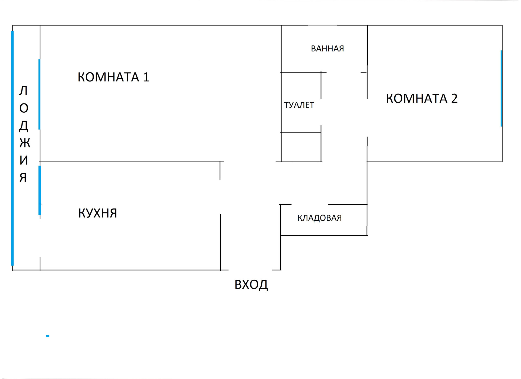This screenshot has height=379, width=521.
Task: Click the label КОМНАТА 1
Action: tap(113, 77)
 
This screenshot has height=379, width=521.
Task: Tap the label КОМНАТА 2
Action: tap(421, 99)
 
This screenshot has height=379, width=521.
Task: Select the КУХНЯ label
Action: tap(97, 213)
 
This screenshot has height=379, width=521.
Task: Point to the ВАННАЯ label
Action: tap(327, 49)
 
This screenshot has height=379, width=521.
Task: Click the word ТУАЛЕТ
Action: tap(299, 105)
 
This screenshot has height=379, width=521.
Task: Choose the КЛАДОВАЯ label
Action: tap(319, 218)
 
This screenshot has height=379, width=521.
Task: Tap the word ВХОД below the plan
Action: tap(251, 285)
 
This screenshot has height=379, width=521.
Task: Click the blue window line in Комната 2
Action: tap(501, 88)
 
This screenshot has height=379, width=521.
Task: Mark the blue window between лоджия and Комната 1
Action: tap(39, 94)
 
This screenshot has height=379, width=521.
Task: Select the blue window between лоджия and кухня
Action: tap(40, 190)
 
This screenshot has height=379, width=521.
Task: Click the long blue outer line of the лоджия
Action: tap(12, 148)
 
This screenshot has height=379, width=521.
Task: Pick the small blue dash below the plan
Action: tap(48, 336)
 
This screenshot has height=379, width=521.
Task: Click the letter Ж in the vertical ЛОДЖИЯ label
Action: tap(25, 143)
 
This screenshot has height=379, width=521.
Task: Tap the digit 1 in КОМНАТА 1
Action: tap(146, 77)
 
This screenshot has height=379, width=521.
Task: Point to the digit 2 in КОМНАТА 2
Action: tap(454, 99)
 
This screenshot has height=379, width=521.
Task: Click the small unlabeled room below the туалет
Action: tap(301, 147)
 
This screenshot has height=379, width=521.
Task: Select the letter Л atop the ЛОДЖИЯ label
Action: tap(23, 91)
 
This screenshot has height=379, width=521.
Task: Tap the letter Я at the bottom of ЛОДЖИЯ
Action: tap(23, 178)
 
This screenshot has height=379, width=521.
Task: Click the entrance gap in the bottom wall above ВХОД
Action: tap(250, 270)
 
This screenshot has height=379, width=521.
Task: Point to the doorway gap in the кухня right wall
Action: tap(220, 197)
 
